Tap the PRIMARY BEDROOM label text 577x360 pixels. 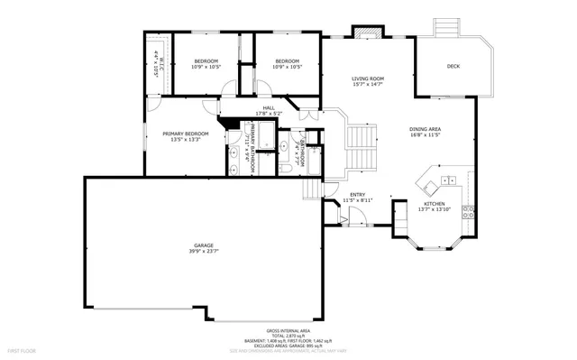(x=185, y=134)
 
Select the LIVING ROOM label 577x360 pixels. (x=368, y=79)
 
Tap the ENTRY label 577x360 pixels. (x=358, y=194)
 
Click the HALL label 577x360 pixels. (x=269, y=107)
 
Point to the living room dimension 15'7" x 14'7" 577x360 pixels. (x=368, y=86)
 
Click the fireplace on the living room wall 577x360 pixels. (x=364, y=34)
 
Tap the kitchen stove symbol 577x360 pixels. (x=468, y=213)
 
